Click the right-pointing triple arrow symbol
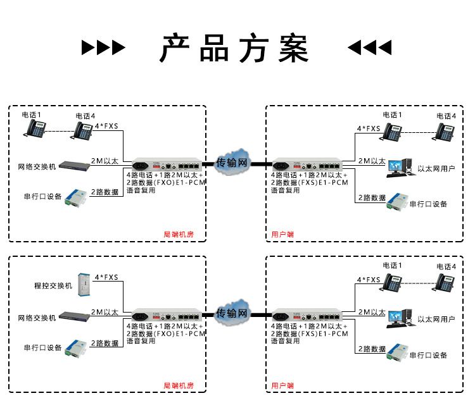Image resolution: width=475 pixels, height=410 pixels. (x=104, y=47)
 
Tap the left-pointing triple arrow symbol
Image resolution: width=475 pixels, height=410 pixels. (x=370, y=47)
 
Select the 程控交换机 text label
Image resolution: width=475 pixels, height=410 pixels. (x=53, y=286)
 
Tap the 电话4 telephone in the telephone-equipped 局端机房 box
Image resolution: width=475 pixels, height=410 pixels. (x=83, y=130)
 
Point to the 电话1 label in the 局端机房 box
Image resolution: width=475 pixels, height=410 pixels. (x=31, y=115)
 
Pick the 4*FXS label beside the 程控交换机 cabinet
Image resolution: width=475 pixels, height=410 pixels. (x=106, y=277)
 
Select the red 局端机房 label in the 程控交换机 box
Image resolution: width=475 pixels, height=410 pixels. (x=179, y=385)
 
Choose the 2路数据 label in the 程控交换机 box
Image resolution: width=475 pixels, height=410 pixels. (x=104, y=344)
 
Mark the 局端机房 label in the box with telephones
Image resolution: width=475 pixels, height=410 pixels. (x=179, y=234)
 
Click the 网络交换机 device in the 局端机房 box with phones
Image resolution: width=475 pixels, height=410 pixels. (x=73, y=165)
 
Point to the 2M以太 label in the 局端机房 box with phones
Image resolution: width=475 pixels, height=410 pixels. (x=104, y=161)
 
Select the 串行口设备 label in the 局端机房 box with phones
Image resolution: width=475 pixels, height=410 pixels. (x=42, y=196)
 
